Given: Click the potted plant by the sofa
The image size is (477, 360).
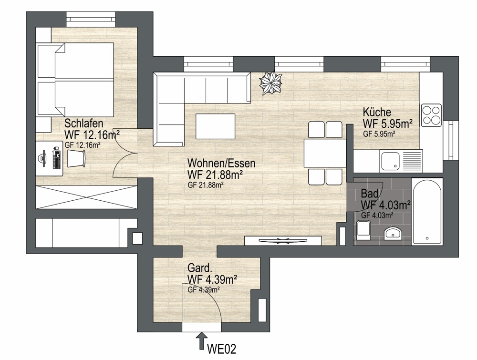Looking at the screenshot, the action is (x=270, y=82).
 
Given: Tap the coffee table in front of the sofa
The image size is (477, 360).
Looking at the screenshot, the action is (x=216, y=126).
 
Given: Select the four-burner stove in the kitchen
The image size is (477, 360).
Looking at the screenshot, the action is (x=431, y=115).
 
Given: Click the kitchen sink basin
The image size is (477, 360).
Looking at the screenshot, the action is (x=391, y=161).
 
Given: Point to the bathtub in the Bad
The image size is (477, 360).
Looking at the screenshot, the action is (x=427, y=211).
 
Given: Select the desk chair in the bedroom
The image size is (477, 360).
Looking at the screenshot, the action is (x=76, y=158).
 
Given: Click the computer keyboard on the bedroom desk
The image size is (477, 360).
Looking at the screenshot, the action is (x=56, y=158).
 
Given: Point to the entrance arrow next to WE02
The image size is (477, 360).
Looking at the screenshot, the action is (x=201, y=340).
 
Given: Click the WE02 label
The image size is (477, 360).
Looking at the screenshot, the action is (x=221, y=349).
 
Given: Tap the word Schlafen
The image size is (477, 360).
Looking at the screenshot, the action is (x=83, y=123).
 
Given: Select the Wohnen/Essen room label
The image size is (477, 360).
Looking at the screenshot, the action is (x=221, y=163).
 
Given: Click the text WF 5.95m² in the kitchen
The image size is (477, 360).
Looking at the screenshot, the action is (x=387, y=123).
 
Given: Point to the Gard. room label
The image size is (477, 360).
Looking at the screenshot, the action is (x=199, y=268).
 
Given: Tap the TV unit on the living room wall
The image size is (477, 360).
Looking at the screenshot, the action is (x=283, y=240).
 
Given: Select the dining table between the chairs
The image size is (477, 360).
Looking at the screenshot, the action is (x=325, y=153).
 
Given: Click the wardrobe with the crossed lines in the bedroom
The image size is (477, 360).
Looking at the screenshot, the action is (x=86, y=197).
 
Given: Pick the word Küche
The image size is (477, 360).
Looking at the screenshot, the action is (x=377, y=112).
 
